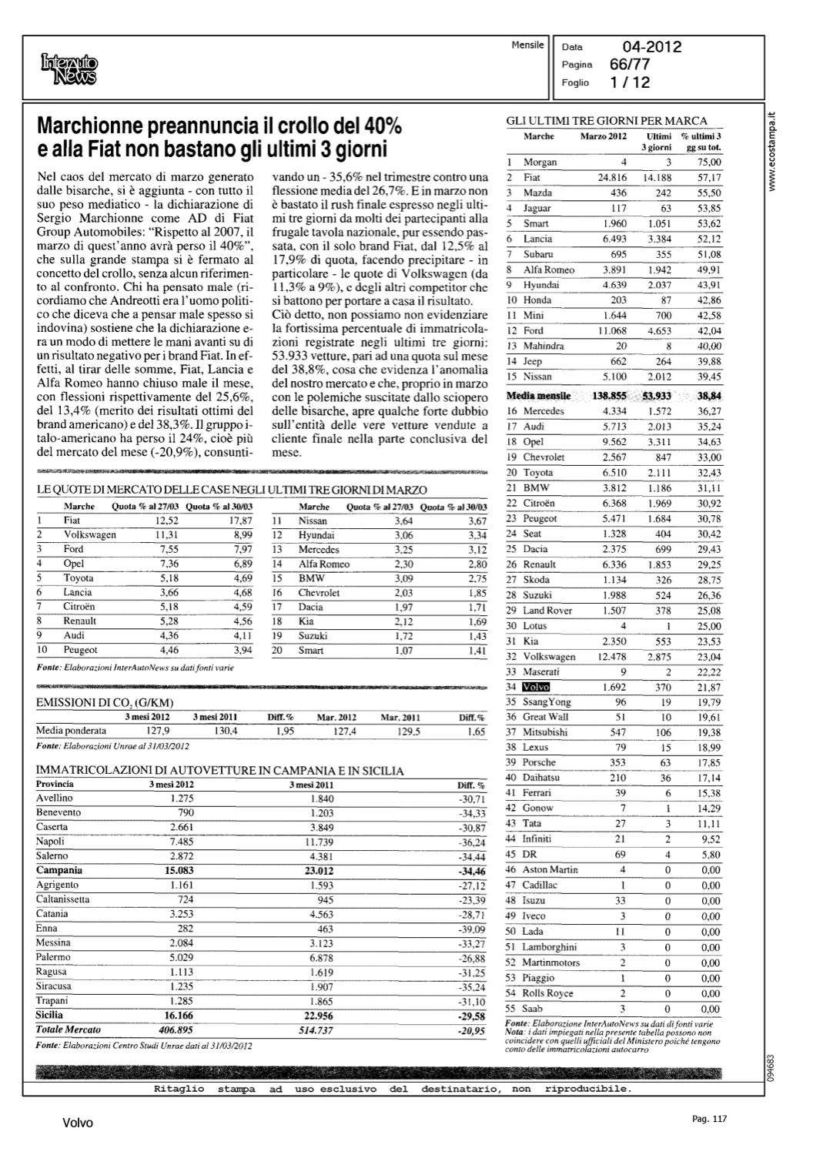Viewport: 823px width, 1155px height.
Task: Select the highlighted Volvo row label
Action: [x=536, y=687]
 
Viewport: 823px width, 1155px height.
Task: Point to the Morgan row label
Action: [x=540, y=162]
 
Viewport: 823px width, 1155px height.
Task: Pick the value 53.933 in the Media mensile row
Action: [x=656, y=396]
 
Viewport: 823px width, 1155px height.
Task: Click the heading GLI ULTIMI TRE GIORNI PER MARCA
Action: [x=606, y=120]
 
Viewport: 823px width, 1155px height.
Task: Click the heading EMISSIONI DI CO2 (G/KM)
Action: [x=105, y=702]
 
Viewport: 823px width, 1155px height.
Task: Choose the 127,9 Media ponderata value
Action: [x=155, y=731]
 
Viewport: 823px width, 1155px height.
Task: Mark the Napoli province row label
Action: [x=52, y=841]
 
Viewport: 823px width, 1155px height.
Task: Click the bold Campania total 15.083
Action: [x=179, y=870]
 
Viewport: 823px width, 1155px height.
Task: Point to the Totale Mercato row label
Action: [x=69, y=1029]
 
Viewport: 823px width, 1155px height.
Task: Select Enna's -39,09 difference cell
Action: [x=470, y=929]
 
